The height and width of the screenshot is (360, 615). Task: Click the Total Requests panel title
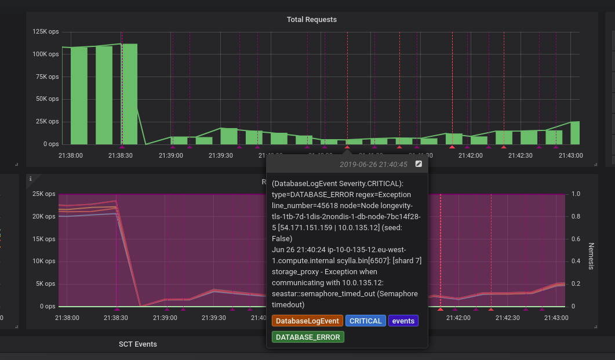point(311,20)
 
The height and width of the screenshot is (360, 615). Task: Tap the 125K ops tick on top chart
point(46,31)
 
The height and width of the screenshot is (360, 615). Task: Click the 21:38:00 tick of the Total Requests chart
point(71,155)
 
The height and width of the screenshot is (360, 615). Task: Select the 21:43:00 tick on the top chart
point(570,155)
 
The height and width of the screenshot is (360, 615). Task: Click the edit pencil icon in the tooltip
point(419,165)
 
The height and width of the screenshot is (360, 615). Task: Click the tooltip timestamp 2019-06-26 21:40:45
point(373,165)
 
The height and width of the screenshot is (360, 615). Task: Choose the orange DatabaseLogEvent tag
point(307,321)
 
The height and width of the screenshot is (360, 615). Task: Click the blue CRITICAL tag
point(366,321)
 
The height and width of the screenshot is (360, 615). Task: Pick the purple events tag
point(403,321)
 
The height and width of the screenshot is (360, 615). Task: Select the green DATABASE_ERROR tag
point(308,337)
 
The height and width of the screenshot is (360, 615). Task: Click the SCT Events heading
point(138,344)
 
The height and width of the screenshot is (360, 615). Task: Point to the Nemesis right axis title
point(591,256)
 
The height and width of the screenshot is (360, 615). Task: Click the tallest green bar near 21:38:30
point(129,94)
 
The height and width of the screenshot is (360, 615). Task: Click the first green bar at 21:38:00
point(79,96)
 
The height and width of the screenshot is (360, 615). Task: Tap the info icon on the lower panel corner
point(30,179)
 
